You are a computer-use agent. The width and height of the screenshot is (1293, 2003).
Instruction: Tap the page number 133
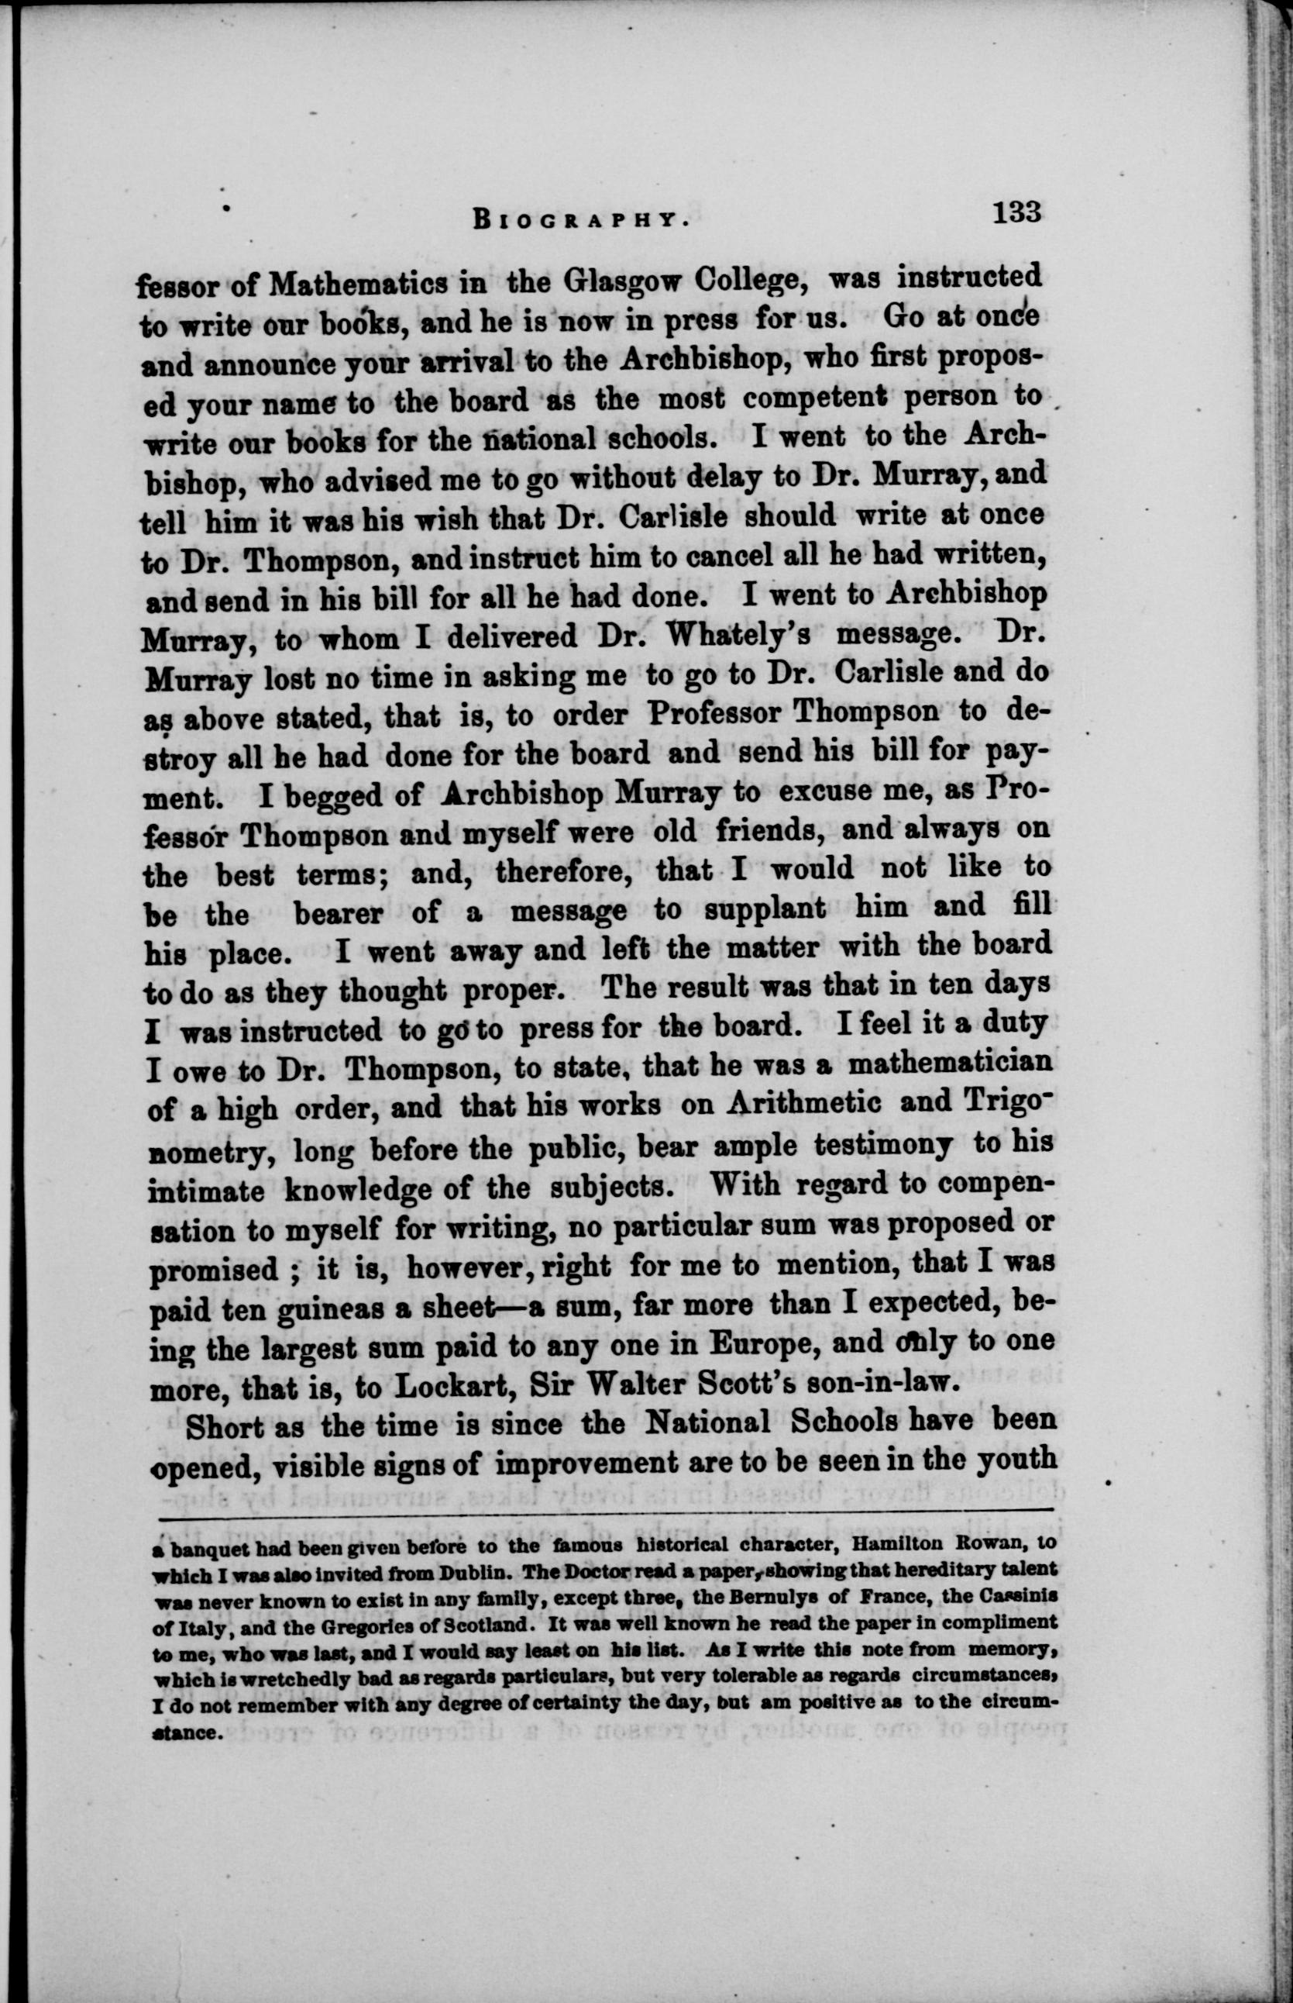pyautogui.click(x=1016, y=212)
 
